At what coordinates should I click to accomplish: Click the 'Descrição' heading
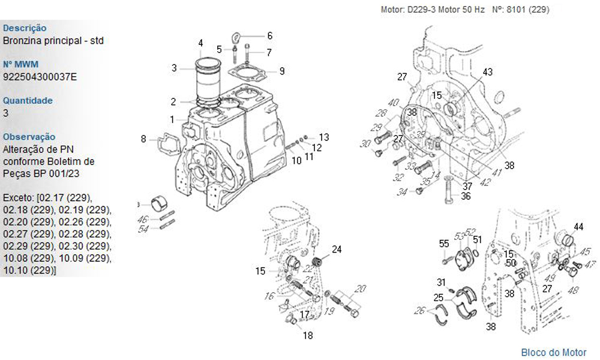pyautogui.click(x=25, y=28)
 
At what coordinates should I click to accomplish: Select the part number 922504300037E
pyautogui.click(x=40, y=77)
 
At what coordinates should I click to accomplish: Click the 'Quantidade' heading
pyautogui.click(x=28, y=100)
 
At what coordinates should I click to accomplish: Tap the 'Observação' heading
pyautogui.click(x=29, y=137)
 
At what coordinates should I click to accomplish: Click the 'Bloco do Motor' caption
pyautogui.click(x=553, y=352)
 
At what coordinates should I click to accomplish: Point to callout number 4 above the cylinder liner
pyautogui.click(x=201, y=43)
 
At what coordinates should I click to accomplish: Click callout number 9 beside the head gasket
pyautogui.click(x=281, y=71)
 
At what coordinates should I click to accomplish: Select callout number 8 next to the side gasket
pyautogui.click(x=143, y=139)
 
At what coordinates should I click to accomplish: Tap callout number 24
pyautogui.click(x=337, y=249)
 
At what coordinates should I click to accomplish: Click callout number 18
pyautogui.click(x=308, y=335)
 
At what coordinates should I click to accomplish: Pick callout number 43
pyautogui.click(x=488, y=72)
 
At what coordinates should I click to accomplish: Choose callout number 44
pyautogui.click(x=578, y=227)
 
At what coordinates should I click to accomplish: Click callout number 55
pyautogui.click(x=444, y=244)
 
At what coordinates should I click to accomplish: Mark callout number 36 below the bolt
pyautogui.click(x=466, y=196)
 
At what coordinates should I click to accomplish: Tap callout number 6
pyautogui.click(x=269, y=35)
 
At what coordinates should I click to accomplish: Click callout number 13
pyautogui.click(x=324, y=137)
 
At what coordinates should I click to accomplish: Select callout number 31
pyautogui.click(x=441, y=283)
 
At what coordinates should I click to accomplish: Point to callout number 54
pyautogui.click(x=143, y=230)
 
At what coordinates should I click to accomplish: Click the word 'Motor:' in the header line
pyautogui.click(x=394, y=10)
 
